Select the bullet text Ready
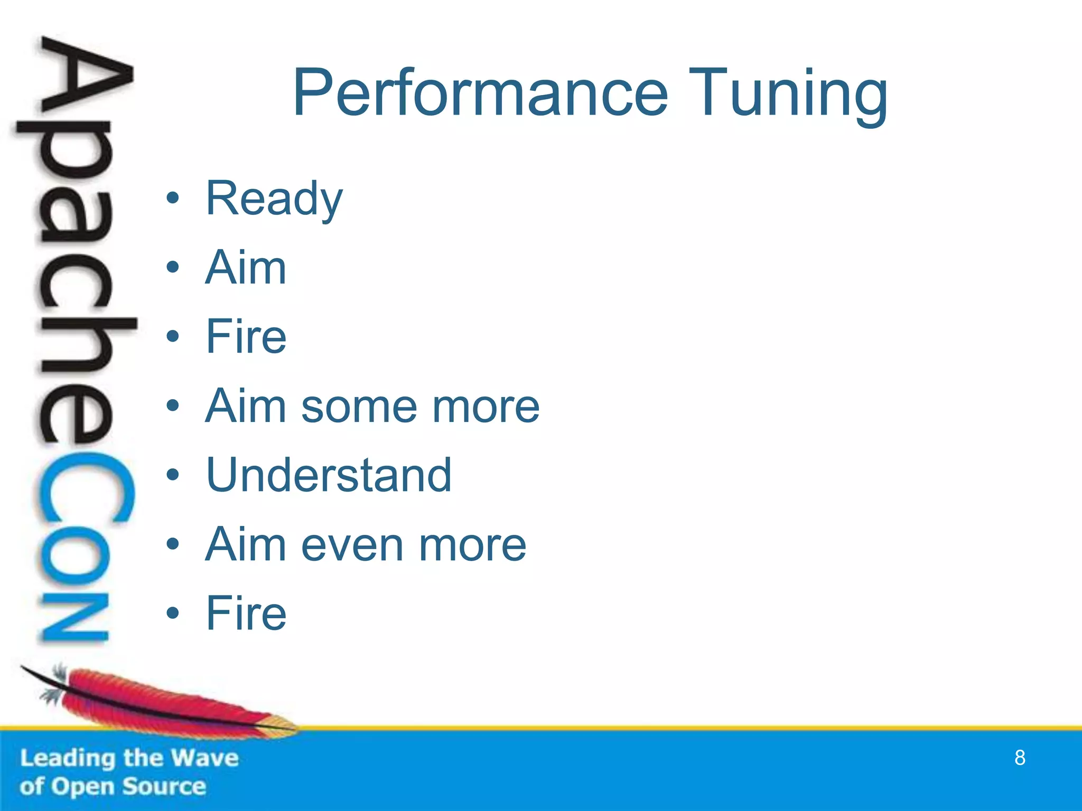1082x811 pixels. coord(274,199)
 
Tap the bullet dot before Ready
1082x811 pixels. coord(173,199)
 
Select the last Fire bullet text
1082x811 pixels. coord(246,614)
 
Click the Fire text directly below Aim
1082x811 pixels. coord(246,337)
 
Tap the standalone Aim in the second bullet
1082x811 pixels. coord(246,268)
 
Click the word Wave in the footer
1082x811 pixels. coord(205,758)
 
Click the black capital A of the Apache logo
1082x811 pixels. coord(85,79)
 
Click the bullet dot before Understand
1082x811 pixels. coord(173,475)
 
